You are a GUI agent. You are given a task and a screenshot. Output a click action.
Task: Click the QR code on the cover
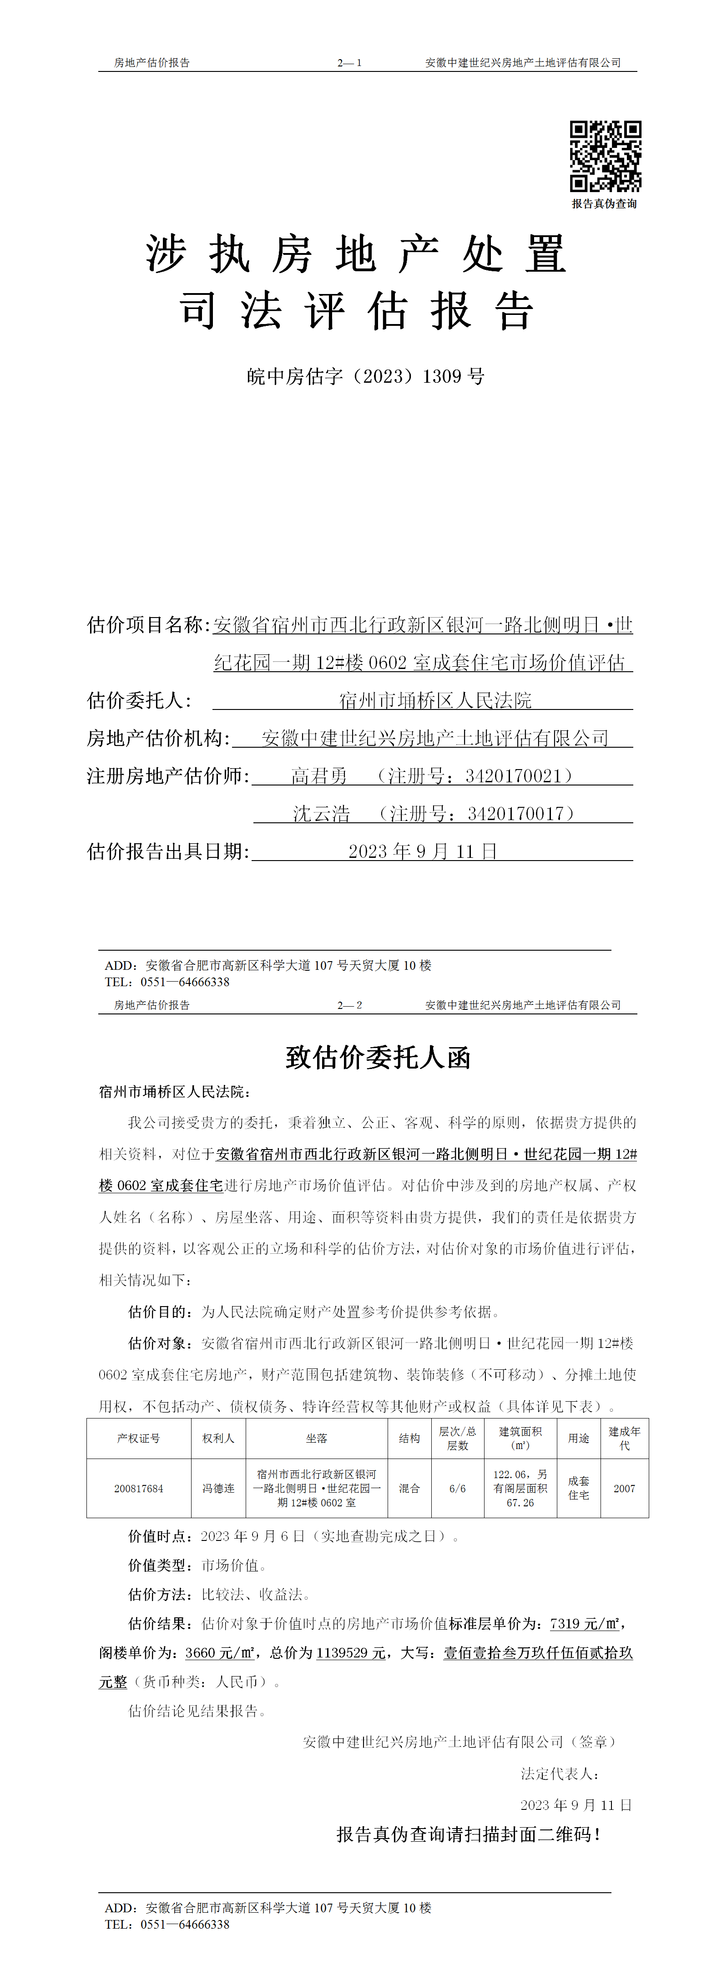pos(605,156)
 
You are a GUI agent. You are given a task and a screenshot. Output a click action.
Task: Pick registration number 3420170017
pos(515,813)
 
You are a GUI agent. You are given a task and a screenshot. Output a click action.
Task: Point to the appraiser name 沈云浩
pos(321,813)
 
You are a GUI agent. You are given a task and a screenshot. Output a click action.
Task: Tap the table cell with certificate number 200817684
pos(139,1488)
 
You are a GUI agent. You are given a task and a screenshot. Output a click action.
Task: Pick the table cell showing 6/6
pos(458,1488)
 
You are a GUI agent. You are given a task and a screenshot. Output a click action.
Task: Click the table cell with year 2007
pos(624,1488)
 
